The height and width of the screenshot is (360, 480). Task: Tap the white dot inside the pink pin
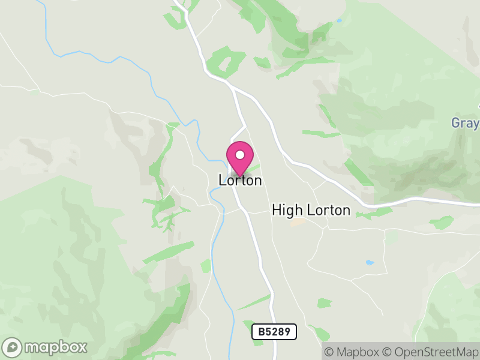240,155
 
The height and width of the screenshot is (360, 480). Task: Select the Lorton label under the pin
240,180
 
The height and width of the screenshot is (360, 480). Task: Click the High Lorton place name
311,210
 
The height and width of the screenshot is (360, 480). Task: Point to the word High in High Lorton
286,210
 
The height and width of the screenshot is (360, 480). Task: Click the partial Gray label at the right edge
466,123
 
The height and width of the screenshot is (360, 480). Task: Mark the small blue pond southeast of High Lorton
369,263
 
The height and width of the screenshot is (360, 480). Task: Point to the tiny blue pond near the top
339,21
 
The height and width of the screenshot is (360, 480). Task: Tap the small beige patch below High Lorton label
297,223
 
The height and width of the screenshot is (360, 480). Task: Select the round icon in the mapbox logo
13,347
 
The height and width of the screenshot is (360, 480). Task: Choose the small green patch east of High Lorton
442,223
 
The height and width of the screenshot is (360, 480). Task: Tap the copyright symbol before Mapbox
329,352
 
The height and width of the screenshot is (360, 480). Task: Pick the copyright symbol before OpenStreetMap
388,352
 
